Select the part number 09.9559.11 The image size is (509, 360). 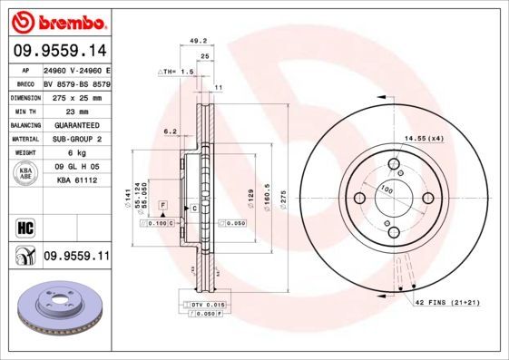(x=76, y=257)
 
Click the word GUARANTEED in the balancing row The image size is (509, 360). (x=77, y=124)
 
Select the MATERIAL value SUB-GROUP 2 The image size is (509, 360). (x=76, y=139)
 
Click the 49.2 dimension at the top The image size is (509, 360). (x=195, y=40)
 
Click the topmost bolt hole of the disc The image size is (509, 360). (x=395, y=164)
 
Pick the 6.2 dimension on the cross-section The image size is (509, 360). (x=170, y=131)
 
